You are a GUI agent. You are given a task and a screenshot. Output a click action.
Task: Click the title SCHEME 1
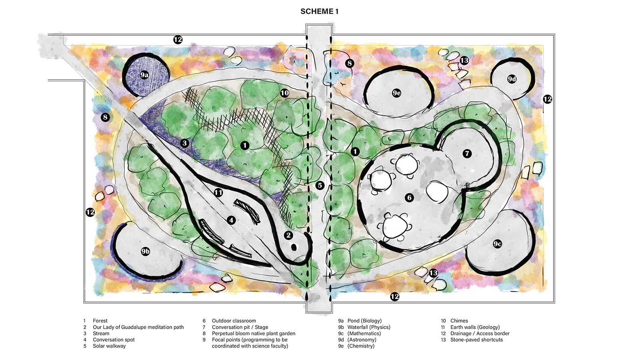[319, 12]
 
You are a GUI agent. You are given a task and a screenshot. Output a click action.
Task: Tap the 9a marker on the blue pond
[144, 75]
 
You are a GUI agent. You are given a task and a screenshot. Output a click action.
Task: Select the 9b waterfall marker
[145, 251]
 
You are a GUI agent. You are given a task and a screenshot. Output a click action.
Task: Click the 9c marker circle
[497, 244]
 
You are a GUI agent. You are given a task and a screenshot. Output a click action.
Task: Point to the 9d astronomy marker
[512, 79]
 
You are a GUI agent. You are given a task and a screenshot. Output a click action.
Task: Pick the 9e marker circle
[396, 93]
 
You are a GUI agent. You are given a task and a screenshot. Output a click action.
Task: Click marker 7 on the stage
[467, 154]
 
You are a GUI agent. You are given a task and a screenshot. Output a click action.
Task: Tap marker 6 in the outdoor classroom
[409, 197]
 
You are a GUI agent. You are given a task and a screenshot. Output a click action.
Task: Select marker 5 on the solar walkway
[320, 185]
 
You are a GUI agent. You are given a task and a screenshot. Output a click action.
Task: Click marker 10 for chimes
[284, 93]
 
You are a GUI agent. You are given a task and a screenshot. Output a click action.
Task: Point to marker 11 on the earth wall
[218, 192]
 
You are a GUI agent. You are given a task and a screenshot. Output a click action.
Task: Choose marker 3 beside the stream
[184, 143]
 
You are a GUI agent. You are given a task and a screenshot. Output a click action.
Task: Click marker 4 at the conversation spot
[231, 220]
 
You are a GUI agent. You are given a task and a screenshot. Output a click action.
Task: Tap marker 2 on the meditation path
[288, 235]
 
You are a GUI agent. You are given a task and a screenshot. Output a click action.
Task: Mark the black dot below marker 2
[294, 248]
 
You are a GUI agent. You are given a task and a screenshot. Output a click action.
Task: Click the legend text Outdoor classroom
[234, 321]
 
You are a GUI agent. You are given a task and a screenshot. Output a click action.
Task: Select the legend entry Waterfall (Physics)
[368, 327]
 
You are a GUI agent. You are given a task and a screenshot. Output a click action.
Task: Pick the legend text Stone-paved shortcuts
[476, 340]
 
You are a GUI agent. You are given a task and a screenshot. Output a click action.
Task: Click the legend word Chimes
[459, 321]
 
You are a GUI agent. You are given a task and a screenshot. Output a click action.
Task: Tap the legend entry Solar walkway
[109, 346]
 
